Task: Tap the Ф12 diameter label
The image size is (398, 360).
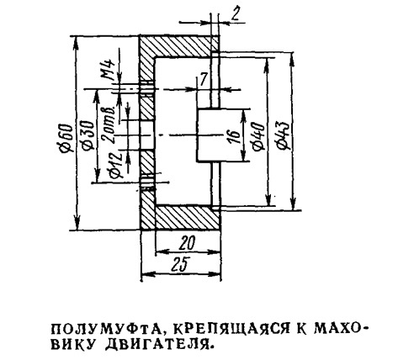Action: coord(117,166)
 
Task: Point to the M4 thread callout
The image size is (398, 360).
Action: coord(109,70)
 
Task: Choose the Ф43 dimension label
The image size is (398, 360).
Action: coord(282,135)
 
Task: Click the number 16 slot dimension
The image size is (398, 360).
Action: coord(235,136)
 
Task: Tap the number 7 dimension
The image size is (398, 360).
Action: coord(203,80)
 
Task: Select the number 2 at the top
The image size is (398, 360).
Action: coord(235,15)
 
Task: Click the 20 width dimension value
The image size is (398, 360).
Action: coord(187,244)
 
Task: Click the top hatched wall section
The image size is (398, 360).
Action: coord(179,46)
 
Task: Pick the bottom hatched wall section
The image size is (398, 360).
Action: coord(187,218)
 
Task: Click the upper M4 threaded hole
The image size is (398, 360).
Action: coord(147,89)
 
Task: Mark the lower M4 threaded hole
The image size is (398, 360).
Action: coord(147,183)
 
